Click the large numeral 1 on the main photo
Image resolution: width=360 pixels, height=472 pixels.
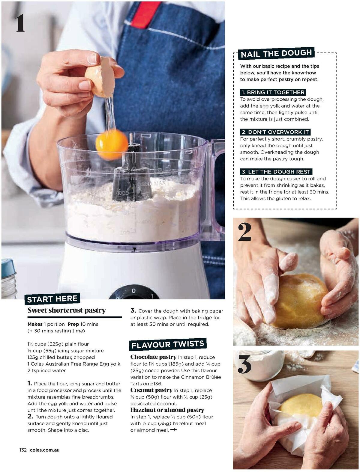click(20, 23)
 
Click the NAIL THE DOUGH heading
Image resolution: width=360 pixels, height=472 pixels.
click(276, 54)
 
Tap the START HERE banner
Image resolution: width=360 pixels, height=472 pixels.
click(52, 299)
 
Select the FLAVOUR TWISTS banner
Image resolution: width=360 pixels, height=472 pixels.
click(168, 344)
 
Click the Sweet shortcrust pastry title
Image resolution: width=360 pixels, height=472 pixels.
click(67, 310)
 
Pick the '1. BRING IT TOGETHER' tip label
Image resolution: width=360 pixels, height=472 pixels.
click(273, 92)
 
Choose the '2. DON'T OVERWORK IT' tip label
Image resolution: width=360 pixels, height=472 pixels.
click(275, 132)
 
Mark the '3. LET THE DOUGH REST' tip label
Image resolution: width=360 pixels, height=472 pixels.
click(276, 172)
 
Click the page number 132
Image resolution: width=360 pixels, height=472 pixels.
click(23, 450)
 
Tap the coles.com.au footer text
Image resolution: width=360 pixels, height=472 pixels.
click(45, 450)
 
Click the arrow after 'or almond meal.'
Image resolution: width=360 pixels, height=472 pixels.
click(173, 430)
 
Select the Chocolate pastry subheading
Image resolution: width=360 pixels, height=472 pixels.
click(153, 357)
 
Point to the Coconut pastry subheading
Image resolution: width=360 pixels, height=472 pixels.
click(151, 390)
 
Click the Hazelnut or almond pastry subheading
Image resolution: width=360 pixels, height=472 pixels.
click(167, 410)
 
